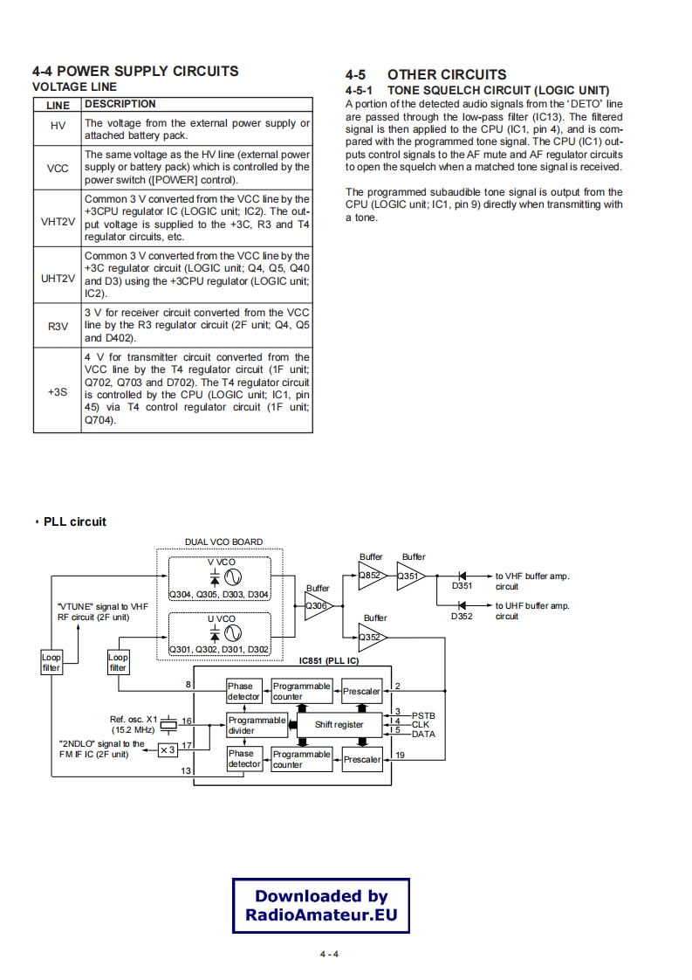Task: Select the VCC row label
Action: (58, 167)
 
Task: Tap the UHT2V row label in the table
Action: (58, 275)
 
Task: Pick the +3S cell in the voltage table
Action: (58, 391)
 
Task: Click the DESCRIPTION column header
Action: (120, 104)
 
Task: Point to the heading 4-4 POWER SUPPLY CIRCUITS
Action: (135, 71)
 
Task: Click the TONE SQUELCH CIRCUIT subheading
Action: (497, 91)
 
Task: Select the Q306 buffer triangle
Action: (317, 606)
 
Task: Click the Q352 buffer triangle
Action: (372, 637)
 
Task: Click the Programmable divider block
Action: (256, 725)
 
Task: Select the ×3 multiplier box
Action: (168, 749)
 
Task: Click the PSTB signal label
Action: (423, 714)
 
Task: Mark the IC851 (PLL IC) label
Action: (328, 661)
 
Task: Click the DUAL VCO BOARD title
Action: (224, 542)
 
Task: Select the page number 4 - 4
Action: (328, 953)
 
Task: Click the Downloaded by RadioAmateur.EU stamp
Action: (321, 906)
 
